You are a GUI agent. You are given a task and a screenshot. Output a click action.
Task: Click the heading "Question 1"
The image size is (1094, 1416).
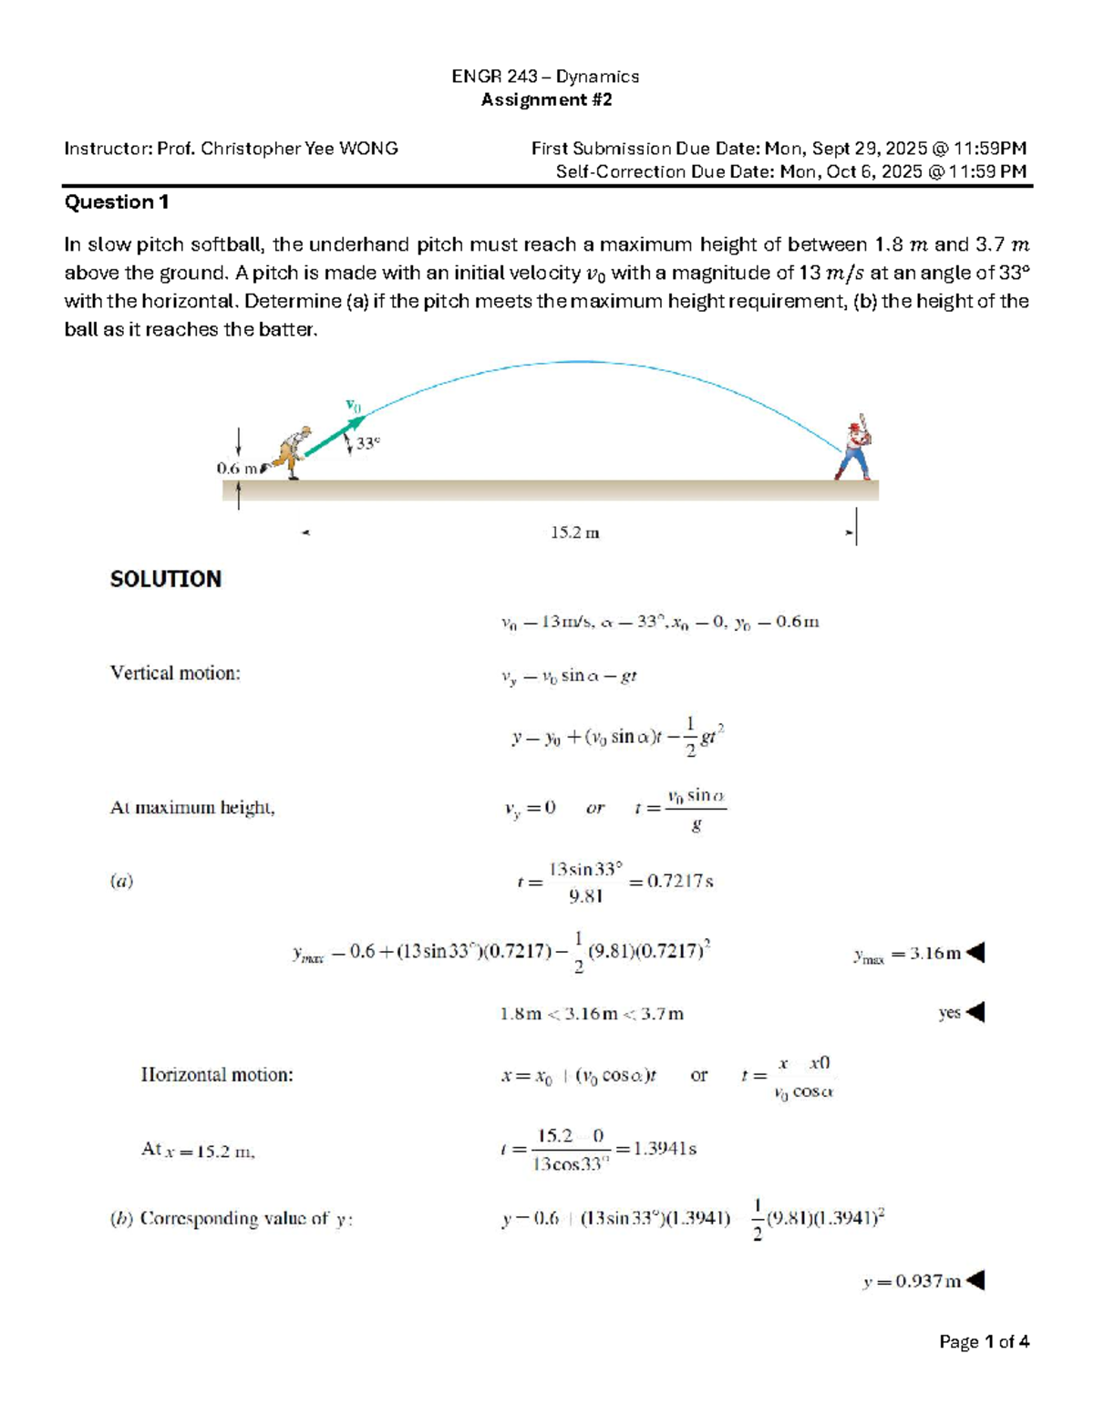pos(116,202)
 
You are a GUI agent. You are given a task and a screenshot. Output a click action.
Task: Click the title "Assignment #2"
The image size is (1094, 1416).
pos(546,99)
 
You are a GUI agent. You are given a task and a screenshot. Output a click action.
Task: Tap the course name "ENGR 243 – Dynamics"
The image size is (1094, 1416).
pos(545,77)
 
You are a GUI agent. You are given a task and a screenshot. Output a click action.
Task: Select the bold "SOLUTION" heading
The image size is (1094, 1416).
pos(165,579)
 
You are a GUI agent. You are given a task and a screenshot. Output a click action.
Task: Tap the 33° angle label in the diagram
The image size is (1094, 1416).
pos(367,443)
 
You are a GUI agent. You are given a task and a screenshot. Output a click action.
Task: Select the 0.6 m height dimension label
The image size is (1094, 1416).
pos(236,468)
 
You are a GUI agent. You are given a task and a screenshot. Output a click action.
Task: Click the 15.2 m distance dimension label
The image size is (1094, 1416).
pos(574,532)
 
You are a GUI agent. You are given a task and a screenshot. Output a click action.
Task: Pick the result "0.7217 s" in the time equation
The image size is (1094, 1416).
pos(679,882)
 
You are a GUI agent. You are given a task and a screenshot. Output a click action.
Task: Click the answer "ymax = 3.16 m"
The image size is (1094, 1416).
pos(907,955)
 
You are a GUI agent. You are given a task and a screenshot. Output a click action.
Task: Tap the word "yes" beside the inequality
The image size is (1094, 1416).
pos(949,1013)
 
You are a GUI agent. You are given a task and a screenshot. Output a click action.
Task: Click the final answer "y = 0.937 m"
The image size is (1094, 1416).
pos(912,1281)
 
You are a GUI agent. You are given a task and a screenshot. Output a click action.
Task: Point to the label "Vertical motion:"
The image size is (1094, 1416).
pos(175,673)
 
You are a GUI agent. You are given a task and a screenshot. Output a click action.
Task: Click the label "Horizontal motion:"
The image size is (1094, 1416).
pos(217,1075)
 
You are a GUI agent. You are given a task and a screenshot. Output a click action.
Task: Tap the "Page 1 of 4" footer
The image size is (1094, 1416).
pos(984,1341)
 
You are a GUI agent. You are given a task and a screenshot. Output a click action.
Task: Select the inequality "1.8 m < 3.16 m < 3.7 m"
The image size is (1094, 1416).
pos(591,1014)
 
